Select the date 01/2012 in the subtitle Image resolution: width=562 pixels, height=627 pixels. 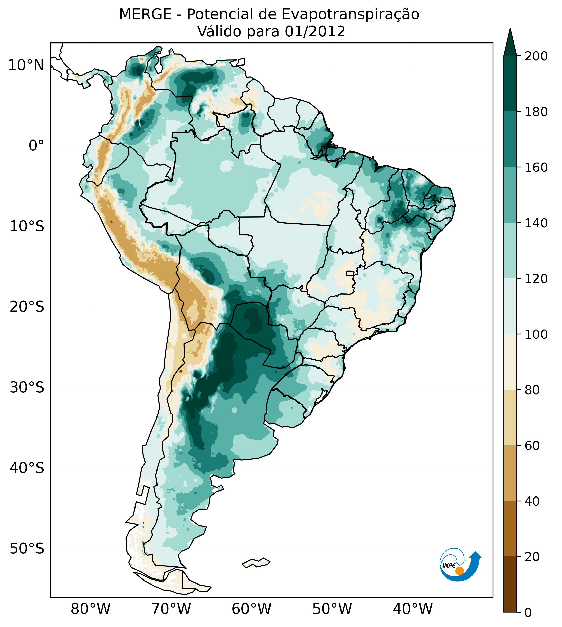click(315, 32)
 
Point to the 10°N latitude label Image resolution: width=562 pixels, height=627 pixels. click(26, 66)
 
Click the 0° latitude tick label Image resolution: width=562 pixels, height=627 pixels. click(36, 146)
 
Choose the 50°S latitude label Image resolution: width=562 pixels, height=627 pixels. click(27, 549)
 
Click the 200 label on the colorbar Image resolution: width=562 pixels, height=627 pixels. click(536, 56)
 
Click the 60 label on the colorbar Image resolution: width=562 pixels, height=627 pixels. click(532, 446)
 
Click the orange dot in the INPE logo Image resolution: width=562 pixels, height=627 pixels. click(459, 571)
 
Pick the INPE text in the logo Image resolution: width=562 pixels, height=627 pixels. click(449, 566)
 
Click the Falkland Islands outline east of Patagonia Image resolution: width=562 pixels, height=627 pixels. click(256, 563)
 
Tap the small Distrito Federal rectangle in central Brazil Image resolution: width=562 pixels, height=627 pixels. click(350, 273)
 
